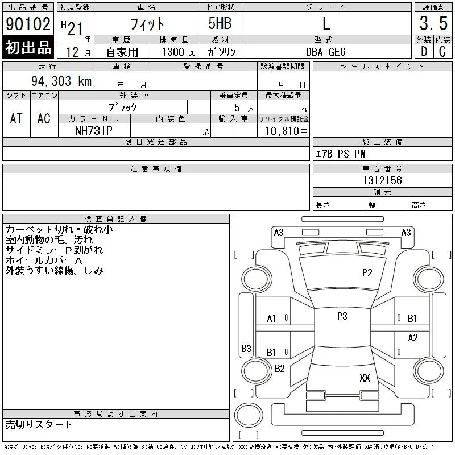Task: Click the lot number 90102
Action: click(x=28, y=24)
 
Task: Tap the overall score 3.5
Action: click(x=433, y=23)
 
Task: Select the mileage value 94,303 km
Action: click(x=61, y=81)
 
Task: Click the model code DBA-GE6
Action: click(x=325, y=52)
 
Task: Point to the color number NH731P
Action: click(x=94, y=131)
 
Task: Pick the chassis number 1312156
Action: click(x=382, y=180)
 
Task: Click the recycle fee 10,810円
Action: click(x=287, y=131)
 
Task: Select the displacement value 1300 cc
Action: click(x=179, y=52)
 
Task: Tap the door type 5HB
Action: click(x=220, y=23)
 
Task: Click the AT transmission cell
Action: click(x=16, y=118)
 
